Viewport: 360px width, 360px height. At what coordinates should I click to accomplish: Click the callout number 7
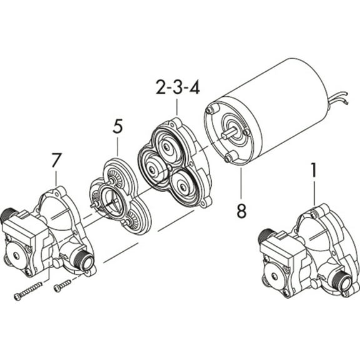click(x=56, y=160)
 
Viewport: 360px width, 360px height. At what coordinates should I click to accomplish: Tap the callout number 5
click(x=117, y=127)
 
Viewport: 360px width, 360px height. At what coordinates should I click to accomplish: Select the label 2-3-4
click(x=177, y=87)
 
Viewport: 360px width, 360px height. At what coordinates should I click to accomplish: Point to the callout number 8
click(x=241, y=211)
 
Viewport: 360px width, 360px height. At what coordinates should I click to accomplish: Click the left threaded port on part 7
click(x=9, y=216)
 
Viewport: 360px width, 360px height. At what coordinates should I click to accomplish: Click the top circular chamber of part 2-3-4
click(x=168, y=147)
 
